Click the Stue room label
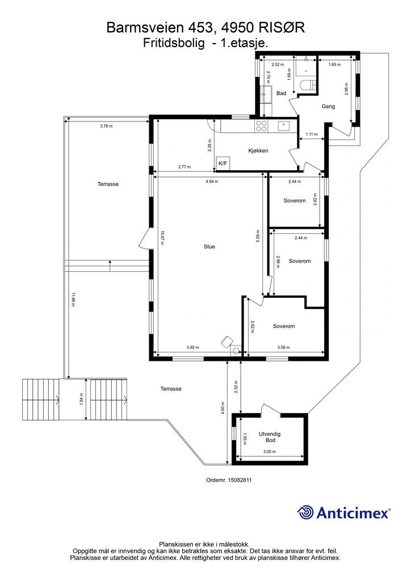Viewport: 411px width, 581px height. click(x=209, y=246)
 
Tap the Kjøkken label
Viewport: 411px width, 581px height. click(x=258, y=150)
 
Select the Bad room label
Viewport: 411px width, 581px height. click(x=282, y=93)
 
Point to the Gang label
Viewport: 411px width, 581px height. click(x=328, y=106)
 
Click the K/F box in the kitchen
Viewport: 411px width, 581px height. click(x=223, y=163)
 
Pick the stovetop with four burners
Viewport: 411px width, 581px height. click(x=261, y=126)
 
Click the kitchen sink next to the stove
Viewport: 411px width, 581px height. click(x=283, y=127)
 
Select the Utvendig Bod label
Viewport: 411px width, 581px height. click(x=270, y=437)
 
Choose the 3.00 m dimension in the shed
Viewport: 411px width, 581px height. click(x=270, y=452)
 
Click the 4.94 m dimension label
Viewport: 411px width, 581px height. click(x=212, y=182)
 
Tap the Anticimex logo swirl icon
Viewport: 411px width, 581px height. click(x=305, y=512)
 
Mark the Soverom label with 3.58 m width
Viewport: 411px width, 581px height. click(x=284, y=326)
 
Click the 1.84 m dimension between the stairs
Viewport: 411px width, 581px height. click(x=82, y=399)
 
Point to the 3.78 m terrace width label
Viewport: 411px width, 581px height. click(x=106, y=126)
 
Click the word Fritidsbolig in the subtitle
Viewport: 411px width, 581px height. click(x=174, y=43)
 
